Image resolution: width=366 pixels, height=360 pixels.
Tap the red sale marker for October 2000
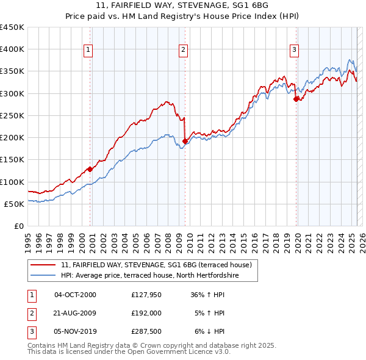[90, 169]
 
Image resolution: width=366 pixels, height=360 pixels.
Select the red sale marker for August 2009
[185, 141]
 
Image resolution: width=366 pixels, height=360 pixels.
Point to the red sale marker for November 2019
[296, 99]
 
